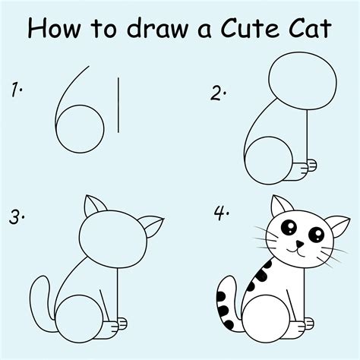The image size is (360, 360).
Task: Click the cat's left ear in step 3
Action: pos(94,208)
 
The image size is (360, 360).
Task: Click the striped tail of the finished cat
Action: pos(226,302)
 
